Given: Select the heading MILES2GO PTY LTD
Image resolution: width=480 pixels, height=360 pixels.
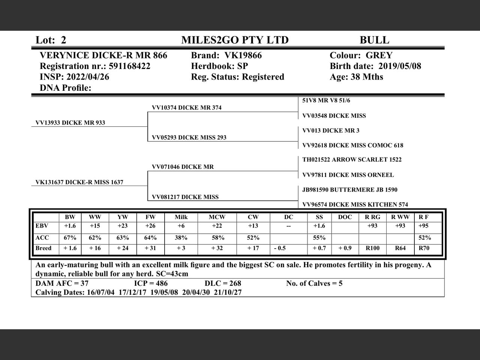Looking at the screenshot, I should pos(235,40).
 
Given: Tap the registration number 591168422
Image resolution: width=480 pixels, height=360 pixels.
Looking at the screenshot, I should pos(129,66).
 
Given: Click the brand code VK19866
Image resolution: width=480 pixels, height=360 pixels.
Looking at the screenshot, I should pos(243,55).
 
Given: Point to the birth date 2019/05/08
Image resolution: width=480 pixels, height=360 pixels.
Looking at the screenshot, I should pos(400,66).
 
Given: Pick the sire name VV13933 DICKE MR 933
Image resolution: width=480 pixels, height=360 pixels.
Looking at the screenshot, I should pos(70,123).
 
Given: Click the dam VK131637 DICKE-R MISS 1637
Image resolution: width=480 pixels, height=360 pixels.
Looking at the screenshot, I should pos(79,182).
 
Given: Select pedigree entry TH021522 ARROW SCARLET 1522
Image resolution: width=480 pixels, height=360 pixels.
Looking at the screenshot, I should pos(352,160).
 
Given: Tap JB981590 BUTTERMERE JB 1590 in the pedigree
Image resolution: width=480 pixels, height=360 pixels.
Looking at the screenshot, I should pos(349,190).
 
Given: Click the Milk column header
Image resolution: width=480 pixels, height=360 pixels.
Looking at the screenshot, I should pos(181,217).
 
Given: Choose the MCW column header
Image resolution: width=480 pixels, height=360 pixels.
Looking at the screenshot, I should pos(217,217).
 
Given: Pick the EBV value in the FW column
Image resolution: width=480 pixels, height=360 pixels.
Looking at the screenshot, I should pos(150,226).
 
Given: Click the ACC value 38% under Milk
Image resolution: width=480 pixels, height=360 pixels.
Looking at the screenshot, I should pos(181,238).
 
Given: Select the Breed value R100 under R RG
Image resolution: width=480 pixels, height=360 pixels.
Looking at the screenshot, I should pos(372,248).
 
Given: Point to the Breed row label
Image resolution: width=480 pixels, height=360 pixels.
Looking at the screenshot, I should pos(43,248).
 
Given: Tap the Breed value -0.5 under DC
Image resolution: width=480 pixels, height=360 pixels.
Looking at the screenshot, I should pos(279,248).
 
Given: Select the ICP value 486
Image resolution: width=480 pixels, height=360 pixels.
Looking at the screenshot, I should pos(161,283).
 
